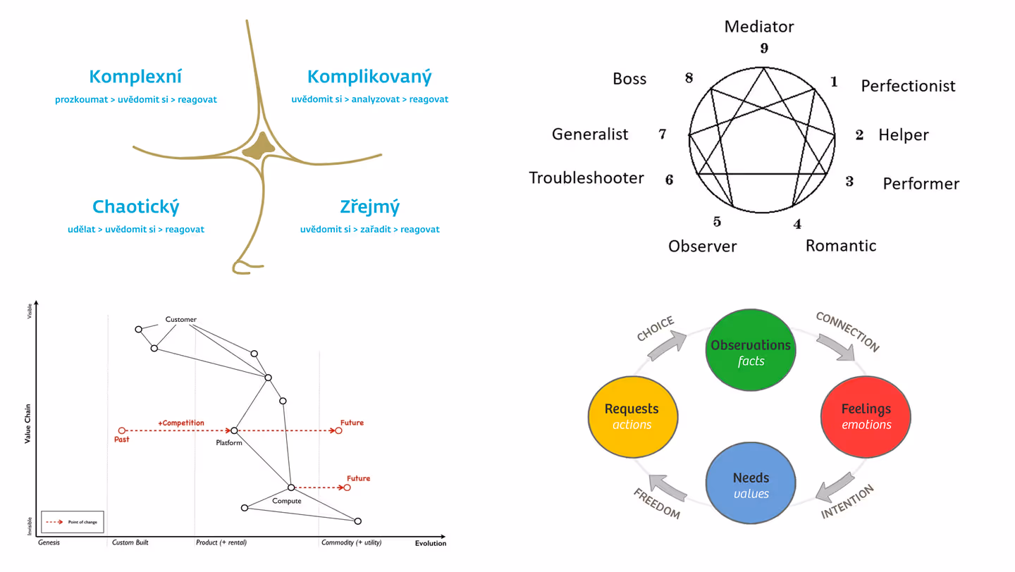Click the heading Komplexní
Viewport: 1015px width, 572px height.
pyautogui.click(x=135, y=77)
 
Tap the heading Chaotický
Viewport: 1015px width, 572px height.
pyautogui.click(x=135, y=207)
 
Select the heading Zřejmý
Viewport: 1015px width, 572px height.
pyautogui.click(x=369, y=207)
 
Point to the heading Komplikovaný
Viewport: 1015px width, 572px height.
pyautogui.click(x=369, y=77)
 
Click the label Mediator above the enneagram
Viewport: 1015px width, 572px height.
pyautogui.click(x=758, y=27)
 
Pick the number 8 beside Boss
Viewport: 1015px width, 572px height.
pyautogui.click(x=689, y=77)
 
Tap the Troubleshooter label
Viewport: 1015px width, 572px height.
pyautogui.click(x=586, y=178)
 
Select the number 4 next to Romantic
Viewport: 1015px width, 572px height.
pyautogui.click(x=797, y=224)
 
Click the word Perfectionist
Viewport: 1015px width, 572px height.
pyautogui.click(x=908, y=86)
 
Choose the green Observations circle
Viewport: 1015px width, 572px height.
pyautogui.click(x=751, y=351)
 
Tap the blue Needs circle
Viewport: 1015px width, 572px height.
pyautogui.click(x=751, y=484)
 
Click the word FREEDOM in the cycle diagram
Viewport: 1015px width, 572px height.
pyautogui.click(x=656, y=504)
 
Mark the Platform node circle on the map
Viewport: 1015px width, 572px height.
pyautogui.click(x=234, y=430)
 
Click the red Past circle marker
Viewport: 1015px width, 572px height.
pyautogui.click(x=122, y=430)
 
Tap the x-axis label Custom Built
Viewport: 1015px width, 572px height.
pyautogui.click(x=130, y=543)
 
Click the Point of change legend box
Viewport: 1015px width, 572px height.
pyautogui.click(x=73, y=522)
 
